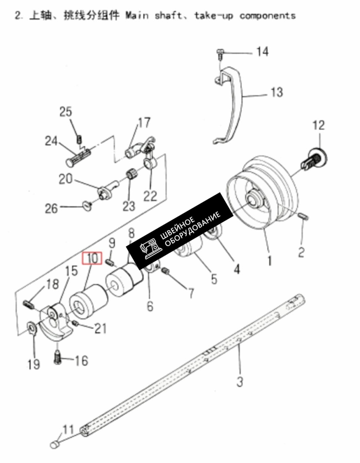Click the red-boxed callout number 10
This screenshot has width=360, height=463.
(x=93, y=258)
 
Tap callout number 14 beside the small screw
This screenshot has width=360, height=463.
(x=262, y=52)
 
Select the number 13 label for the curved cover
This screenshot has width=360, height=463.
(x=277, y=93)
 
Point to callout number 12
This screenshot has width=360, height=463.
(x=318, y=125)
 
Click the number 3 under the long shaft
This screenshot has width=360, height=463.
(x=240, y=381)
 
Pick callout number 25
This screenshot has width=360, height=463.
(x=66, y=112)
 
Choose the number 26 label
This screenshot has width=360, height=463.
(x=51, y=208)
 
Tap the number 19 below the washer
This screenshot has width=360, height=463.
(x=34, y=364)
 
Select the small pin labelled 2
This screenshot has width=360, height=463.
(x=304, y=216)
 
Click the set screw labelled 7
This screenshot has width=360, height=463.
(x=166, y=270)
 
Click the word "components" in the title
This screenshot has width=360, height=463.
(x=267, y=15)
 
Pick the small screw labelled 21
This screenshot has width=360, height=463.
(x=75, y=324)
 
